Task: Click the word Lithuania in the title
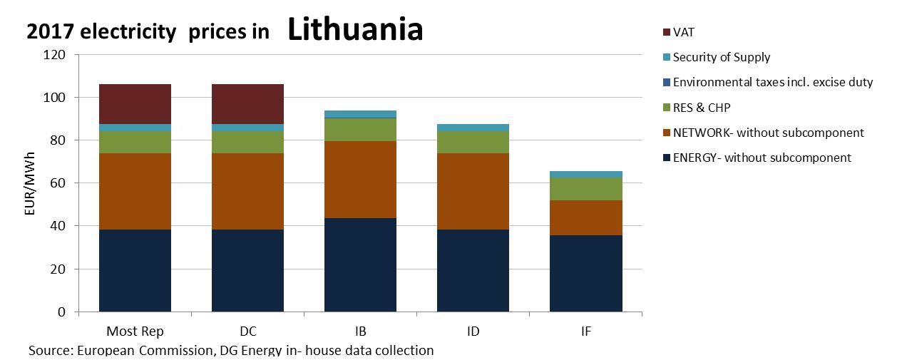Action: [356, 29]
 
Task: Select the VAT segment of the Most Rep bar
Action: [135, 104]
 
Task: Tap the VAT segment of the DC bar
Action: [247, 104]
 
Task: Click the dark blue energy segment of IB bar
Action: [360, 264]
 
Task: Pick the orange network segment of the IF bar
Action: [586, 217]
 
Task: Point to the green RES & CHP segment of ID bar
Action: [473, 142]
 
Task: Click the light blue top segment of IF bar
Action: [586, 174]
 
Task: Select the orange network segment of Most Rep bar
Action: [135, 191]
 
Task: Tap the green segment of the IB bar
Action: [360, 130]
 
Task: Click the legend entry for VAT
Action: [684, 32]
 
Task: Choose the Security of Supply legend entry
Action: [721, 57]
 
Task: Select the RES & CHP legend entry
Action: [702, 108]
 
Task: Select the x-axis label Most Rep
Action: [135, 331]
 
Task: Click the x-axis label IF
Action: [586, 331]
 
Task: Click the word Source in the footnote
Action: [49, 350]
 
